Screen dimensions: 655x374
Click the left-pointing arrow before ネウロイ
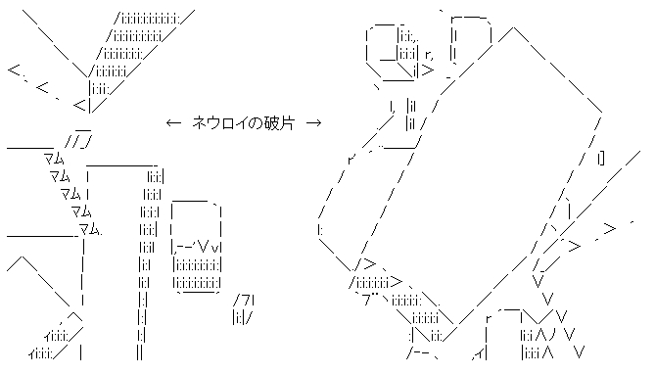[x=173, y=122]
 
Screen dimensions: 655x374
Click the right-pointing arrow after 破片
[x=314, y=122]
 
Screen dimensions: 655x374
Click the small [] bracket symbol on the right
[x=599, y=158]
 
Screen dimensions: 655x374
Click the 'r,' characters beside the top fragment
[x=429, y=55]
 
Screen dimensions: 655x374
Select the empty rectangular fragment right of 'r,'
[x=472, y=44]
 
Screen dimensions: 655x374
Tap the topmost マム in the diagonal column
[x=54, y=158]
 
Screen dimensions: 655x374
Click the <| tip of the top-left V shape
[x=82, y=105]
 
